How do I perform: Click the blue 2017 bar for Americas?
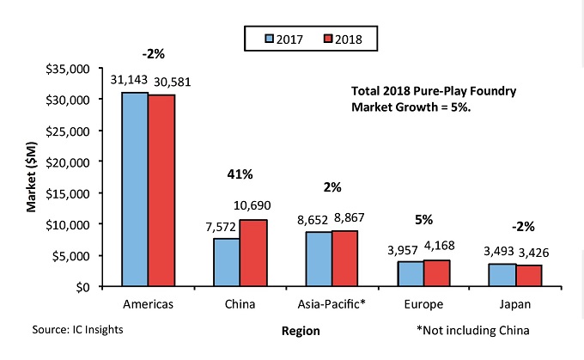point(134,189)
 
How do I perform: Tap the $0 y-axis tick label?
point(82,286)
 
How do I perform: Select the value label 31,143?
point(128,79)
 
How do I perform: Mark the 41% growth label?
point(240,174)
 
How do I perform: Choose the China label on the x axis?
point(240,304)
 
